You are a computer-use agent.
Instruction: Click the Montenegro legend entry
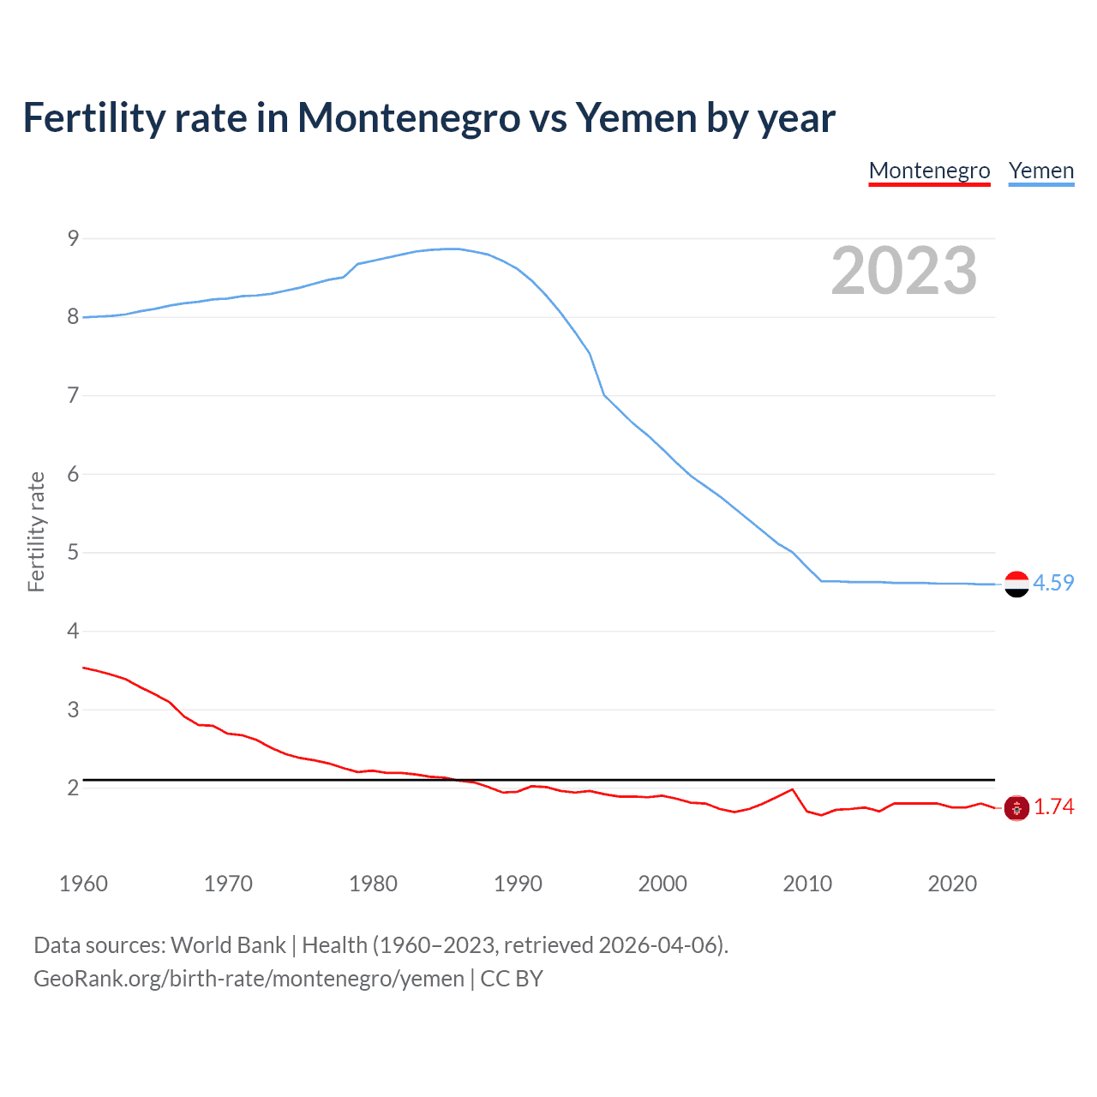pos(929,171)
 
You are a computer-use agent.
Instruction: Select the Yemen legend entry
pos(1040,171)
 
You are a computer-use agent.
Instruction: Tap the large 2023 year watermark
pos(903,271)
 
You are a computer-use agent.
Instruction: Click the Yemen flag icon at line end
pos(1016,584)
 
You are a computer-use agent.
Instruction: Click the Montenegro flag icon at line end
pos(1016,807)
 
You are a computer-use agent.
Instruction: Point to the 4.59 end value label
pos(1053,583)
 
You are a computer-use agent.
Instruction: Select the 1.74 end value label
pos(1053,806)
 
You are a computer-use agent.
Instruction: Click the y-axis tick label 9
pos(73,238)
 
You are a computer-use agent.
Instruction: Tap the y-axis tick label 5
pos(73,553)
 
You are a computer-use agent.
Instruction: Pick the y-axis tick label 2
pos(73,788)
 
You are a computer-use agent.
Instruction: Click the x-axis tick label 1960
pos(83,884)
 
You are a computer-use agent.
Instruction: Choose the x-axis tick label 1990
pos(518,884)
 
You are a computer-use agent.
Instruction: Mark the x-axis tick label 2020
pos(952,884)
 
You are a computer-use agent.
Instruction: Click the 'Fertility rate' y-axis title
pos(36,531)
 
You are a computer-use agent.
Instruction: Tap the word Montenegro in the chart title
pos(408,117)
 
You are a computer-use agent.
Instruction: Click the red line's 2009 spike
pos(792,789)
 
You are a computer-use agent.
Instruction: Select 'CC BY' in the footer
pos(512,979)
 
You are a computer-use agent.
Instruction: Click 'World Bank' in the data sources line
pos(228,945)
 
